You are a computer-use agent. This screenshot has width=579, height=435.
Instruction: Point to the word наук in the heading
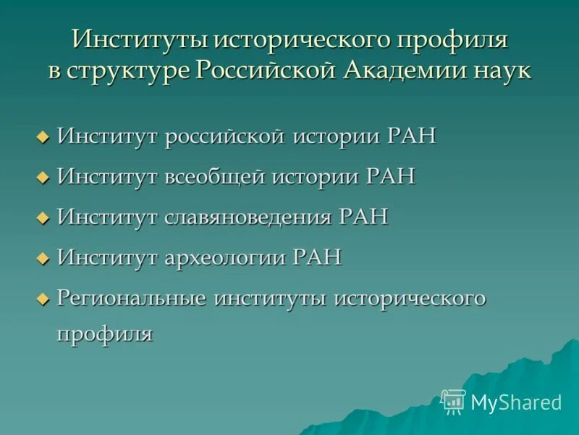coord(499,72)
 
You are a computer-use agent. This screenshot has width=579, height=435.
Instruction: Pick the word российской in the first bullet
coord(224,136)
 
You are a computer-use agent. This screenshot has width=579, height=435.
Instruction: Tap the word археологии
coord(225,257)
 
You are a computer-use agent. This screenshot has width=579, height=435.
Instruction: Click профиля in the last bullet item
coord(105,334)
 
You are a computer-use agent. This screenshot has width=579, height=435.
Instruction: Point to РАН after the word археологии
coord(316,257)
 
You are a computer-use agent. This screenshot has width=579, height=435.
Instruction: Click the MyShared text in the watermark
coord(516,402)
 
